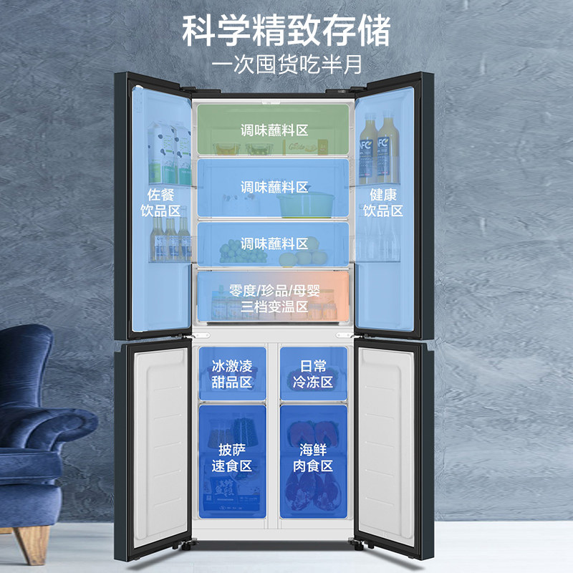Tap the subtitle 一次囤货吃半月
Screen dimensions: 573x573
[x=286, y=62]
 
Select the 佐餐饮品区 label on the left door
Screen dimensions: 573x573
[x=161, y=203]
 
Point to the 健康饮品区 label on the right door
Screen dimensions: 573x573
[x=382, y=203]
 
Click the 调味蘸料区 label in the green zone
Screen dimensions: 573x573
[x=274, y=130]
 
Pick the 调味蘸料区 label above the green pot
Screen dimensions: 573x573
[x=274, y=187]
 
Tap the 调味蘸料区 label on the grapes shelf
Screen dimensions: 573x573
[x=274, y=244]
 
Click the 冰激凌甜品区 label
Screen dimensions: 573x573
[x=233, y=374]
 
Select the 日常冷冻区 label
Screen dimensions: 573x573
[x=313, y=374]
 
